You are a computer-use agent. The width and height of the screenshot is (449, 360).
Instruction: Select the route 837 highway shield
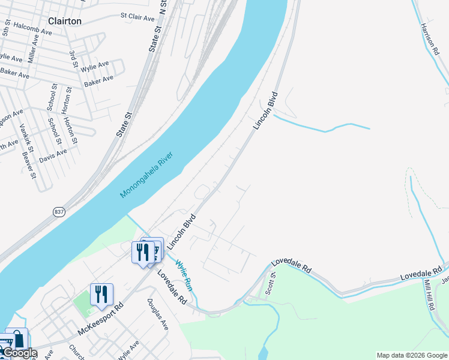pyautogui.click(x=59, y=212)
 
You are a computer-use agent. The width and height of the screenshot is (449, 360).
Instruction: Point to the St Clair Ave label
pyautogui.click(x=137, y=17)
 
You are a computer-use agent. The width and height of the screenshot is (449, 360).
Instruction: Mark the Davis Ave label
pyautogui.click(x=53, y=155)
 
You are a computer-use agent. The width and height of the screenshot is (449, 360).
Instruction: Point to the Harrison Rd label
pyautogui.click(x=429, y=40)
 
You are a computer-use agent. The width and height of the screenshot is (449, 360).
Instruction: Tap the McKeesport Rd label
pyautogui.click(x=100, y=318)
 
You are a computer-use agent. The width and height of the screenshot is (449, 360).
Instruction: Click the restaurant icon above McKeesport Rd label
pyautogui.click(x=101, y=294)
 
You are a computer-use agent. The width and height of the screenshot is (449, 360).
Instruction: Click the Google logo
pyautogui.click(x=20, y=353)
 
